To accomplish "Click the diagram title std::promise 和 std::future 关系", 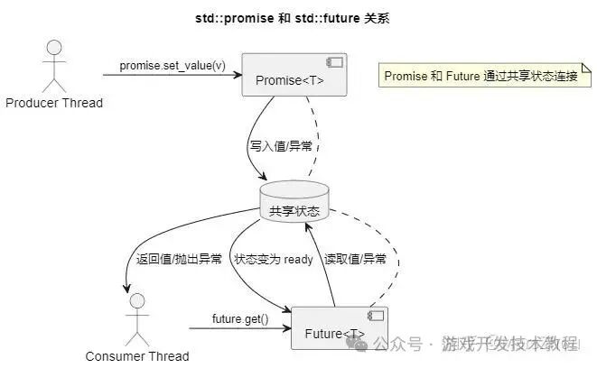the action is tap(292, 18).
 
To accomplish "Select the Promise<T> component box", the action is tap(294, 75).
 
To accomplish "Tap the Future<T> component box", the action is tap(340, 328).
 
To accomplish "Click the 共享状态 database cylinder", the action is tap(294, 201).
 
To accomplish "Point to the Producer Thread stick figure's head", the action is tap(54, 48).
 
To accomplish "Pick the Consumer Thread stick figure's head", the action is tap(137, 300).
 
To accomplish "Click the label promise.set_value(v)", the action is tap(173, 65).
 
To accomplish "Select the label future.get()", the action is tap(240, 318).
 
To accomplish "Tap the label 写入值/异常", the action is tap(281, 146).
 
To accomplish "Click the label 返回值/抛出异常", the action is tap(179, 259).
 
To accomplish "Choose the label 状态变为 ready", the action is tap(274, 259).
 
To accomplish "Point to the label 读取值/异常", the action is tap(355, 259).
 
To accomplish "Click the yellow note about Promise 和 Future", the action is tap(485, 75).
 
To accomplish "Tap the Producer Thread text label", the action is tap(54, 103).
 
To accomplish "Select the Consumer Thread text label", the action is tap(137, 356).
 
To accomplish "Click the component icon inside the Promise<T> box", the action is tap(334, 62).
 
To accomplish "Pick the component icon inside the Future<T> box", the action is tap(376, 316).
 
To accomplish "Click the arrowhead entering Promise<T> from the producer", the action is tap(238, 75).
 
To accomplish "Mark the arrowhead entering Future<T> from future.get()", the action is tap(287, 328).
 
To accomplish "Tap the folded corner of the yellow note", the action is tap(587, 68).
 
